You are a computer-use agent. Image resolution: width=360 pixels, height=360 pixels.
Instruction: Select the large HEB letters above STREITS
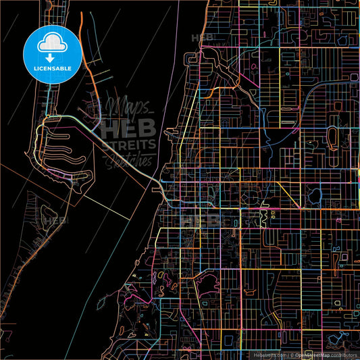coord(128,126)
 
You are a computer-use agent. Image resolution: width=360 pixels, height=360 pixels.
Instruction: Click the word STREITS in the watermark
coord(128,144)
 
